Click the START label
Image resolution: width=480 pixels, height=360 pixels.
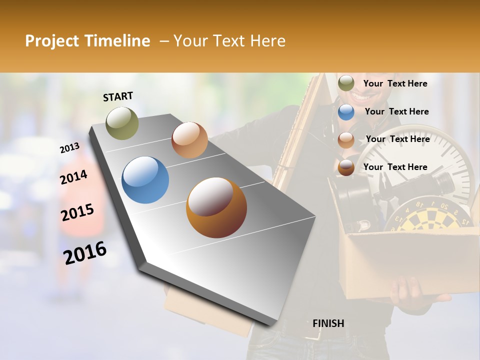[x=118, y=96]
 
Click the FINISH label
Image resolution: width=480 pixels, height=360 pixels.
[x=328, y=323]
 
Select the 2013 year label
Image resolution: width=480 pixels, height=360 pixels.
[x=69, y=148]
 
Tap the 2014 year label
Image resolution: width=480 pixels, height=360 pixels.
[x=73, y=177]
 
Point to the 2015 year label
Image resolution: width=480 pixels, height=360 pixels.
[x=77, y=212]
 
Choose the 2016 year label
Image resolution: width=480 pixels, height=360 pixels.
[x=85, y=252]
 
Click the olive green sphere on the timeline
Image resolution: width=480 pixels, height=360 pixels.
[x=122, y=123]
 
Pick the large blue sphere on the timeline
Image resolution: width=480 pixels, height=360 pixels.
[x=145, y=180]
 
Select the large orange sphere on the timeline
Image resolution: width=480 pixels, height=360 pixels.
[x=216, y=207]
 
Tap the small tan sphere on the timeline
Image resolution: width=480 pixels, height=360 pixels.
[x=189, y=140]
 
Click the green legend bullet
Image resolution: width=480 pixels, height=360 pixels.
[x=346, y=83]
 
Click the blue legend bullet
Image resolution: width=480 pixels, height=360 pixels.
[x=346, y=112]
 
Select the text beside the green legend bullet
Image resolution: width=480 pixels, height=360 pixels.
[x=395, y=84]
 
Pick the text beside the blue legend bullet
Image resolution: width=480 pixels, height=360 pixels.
[x=396, y=112]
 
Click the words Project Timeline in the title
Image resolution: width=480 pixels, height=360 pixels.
[x=87, y=41]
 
